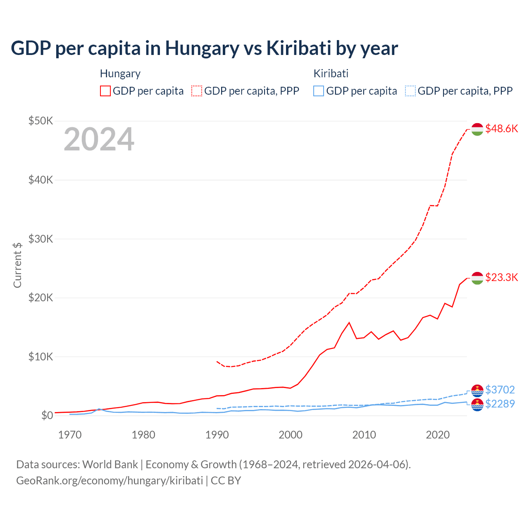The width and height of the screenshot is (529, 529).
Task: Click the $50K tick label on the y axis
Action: (x=41, y=121)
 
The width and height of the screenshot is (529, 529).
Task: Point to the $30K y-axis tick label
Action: (x=41, y=239)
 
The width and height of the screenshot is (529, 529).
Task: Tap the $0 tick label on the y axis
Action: (x=47, y=415)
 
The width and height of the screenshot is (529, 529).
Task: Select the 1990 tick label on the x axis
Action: (x=217, y=435)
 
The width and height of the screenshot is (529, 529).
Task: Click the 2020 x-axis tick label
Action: (x=438, y=435)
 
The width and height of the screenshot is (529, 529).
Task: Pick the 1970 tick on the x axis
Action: (x=70, y=435)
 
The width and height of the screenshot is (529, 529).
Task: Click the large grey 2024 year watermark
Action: (x=99, y=140)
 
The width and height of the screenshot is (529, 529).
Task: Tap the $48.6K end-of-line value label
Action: (x=501, y=129)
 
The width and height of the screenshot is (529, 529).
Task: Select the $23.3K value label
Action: (x=501, y=277)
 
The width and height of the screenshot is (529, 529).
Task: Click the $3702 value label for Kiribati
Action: (x=500, y=390)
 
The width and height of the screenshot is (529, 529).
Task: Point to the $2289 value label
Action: (x=500, y=404)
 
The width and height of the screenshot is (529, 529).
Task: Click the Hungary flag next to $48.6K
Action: (x=477, y=129)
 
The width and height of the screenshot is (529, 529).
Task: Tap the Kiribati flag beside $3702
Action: (x=477, y=390)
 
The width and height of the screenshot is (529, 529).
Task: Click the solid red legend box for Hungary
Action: (x=105, y=91)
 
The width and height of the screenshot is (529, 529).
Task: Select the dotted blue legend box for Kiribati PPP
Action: (x=410, y=91)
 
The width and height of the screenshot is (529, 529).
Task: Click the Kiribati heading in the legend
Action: (x=331, y=74)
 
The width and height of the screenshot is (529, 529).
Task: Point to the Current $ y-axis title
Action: (x=17, y=265)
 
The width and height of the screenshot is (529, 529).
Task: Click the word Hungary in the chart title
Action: (x=202, y=48)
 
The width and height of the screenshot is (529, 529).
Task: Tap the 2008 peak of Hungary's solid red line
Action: (x=349, y=322)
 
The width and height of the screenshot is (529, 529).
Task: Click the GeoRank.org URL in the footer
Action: (x=110, y=481)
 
